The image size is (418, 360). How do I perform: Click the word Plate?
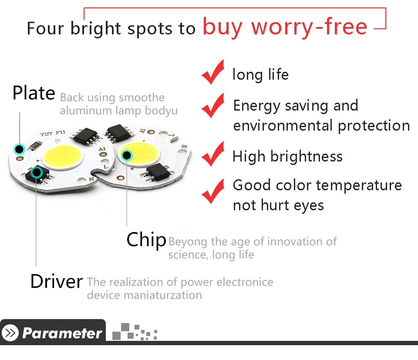(x=34, y=93)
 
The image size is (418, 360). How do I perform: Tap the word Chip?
(x=146, y=240)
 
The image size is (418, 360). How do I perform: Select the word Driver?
(x=57, y=281)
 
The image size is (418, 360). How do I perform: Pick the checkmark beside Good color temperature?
(x=213, y=191)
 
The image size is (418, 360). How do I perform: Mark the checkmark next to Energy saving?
(x=213, y=105)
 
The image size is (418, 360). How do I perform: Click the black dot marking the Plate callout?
(x=19, y=149)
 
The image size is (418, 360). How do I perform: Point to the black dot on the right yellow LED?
(x=127, y=155)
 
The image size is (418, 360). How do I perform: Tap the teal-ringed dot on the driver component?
(x=37, y=172)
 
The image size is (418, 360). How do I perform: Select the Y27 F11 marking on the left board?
(x=53, y=133)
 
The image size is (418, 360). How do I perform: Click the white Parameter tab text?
(x=62, y=333)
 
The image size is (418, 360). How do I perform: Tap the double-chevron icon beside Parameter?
(x=10, y=333)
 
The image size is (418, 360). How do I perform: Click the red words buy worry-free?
(x=285, y=27)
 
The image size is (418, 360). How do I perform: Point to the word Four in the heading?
(x=46, y=28)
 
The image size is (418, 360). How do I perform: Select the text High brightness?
(x=287, y=156)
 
